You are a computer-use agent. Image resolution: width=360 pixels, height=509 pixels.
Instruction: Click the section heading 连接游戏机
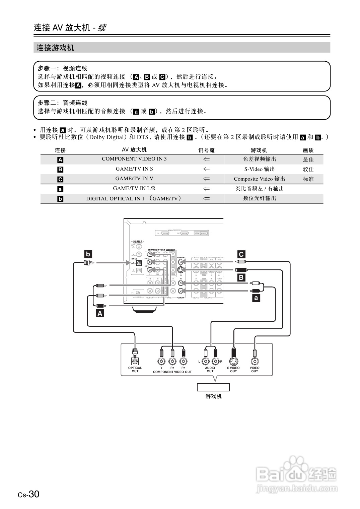click(55, 48)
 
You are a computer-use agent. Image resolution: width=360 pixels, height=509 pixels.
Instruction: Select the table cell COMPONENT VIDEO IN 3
click(134, 159)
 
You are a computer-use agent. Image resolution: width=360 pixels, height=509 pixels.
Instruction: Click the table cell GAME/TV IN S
click(134, 169)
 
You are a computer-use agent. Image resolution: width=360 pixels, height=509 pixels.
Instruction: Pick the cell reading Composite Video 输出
click(259, 179)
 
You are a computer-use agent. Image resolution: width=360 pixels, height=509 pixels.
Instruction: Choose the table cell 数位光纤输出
click(259, 198)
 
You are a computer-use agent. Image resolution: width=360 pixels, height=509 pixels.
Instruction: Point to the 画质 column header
click(308, 150)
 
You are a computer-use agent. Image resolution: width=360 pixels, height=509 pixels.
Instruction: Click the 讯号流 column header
click(206, 150)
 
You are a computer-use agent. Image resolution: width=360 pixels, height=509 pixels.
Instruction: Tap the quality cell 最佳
click(308, 160)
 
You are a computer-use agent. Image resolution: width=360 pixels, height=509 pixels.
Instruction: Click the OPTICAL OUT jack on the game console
click(135, 361)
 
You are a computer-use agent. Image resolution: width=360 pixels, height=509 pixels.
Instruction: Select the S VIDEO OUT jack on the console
click(233, 361)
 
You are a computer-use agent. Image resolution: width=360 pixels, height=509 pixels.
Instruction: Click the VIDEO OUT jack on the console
click(255, 361)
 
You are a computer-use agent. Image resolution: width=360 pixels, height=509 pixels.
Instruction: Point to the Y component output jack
click(162, 361)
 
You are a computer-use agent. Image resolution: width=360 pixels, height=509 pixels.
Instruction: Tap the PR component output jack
click(183, 361)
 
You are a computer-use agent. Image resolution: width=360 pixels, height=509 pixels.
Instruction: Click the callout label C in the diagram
click(241, 254)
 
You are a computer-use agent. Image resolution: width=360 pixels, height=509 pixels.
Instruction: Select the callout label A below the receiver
click(100, 314)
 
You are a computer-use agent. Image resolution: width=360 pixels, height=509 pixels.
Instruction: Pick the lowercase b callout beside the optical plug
click(88, 254)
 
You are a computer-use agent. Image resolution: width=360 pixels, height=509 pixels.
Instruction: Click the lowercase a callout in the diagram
click(256, 298)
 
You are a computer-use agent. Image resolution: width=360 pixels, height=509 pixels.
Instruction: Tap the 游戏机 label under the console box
click(213, 396)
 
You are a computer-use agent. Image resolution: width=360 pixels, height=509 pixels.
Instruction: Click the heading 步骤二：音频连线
click(63, 103)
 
